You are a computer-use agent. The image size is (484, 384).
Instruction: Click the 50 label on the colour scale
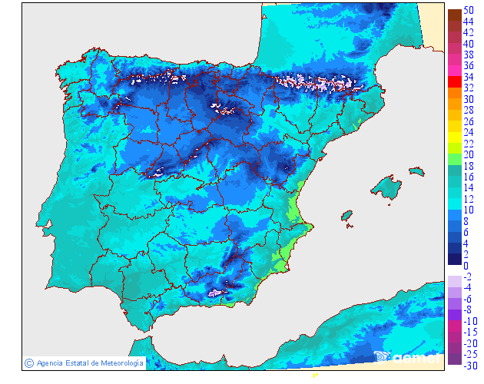(x=469, y=10)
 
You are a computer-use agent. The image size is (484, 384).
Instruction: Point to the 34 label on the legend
(x=469, y=77)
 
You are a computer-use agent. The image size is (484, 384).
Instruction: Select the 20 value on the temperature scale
(x=469, y=155)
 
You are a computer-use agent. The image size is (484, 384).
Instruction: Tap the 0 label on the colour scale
(x=466, y=266)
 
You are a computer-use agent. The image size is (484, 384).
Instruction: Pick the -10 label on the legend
(x=468, y=320)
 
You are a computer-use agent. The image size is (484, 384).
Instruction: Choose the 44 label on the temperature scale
(x=469, y=22)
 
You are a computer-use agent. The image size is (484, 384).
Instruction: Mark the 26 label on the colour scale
(x=469, y=121)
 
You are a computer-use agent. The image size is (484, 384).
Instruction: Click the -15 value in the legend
(x=468, y=332)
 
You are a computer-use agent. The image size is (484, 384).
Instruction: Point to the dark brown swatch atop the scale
(x=454, y=14)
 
